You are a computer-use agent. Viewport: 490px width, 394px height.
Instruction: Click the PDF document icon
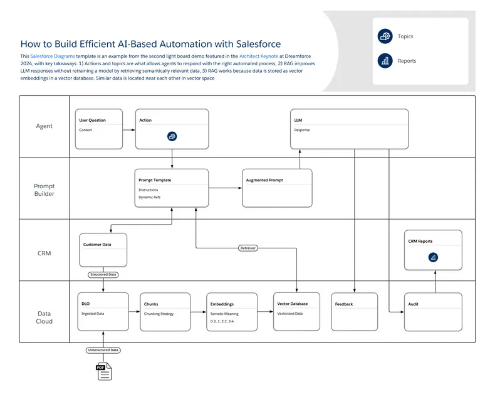103,371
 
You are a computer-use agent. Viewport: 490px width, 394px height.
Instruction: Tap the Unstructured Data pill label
103,350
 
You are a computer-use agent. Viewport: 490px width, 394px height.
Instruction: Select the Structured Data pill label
103,274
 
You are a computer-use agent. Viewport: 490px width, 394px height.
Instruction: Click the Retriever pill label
249,248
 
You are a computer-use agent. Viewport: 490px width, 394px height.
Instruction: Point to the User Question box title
92,120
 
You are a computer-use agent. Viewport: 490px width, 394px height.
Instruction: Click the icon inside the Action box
172,136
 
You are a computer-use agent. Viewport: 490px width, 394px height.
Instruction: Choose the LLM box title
298,120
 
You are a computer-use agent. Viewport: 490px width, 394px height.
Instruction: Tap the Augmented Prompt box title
264,180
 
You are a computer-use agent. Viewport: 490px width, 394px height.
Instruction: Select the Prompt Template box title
155,180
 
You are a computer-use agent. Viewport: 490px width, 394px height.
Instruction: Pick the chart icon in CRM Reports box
433,257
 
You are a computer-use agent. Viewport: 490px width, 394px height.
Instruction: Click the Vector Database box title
293,304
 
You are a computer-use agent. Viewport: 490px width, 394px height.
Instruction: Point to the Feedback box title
344,304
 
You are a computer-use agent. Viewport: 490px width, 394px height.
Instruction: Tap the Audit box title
413,304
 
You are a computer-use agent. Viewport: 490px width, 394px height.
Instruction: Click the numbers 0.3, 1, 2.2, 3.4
222,321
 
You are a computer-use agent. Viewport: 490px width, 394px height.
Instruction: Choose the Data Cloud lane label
44,317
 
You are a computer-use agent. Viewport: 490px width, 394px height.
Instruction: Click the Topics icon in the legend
385,36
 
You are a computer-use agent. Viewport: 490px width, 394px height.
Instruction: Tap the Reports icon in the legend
385,61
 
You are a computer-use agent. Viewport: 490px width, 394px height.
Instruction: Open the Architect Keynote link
259,56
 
